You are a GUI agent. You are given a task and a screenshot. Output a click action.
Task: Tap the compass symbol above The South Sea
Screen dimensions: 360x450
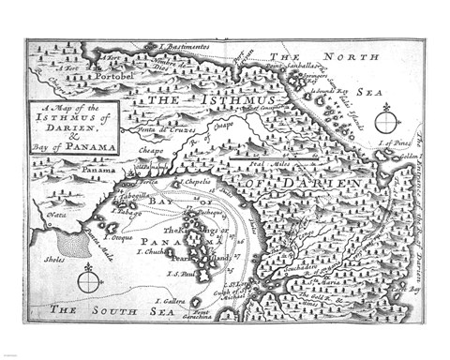[88, 278]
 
